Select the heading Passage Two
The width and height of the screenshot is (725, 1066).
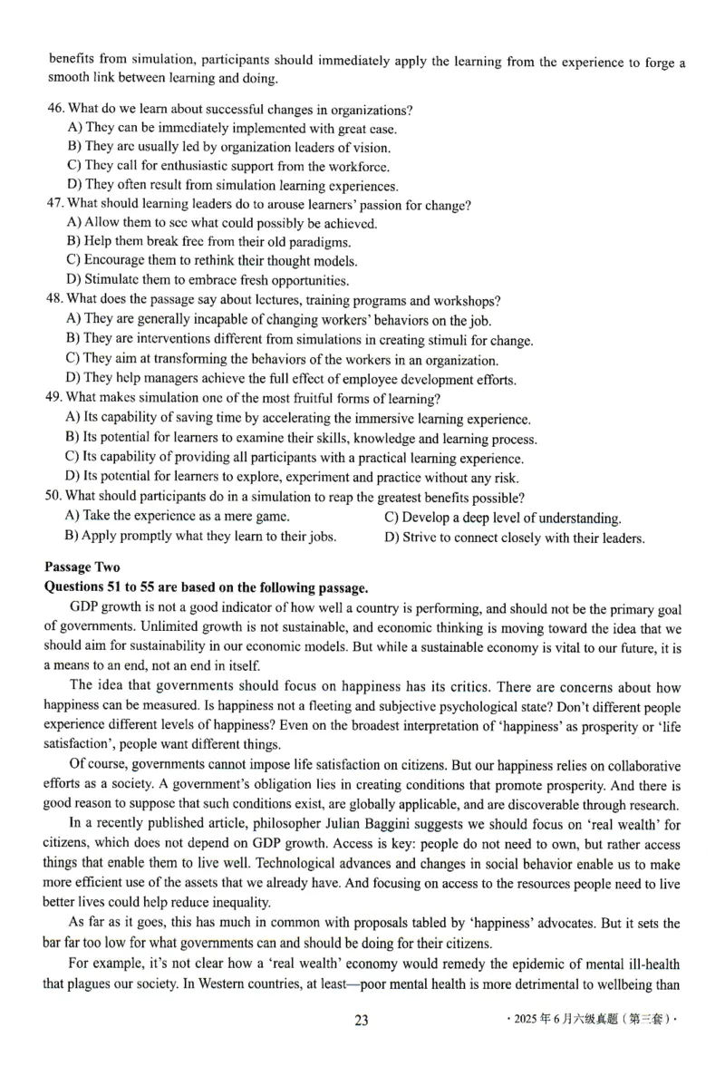pyautogui.click(x=82, y=567)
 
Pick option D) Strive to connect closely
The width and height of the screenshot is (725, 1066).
pyautogui.click(x=514, y=538)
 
